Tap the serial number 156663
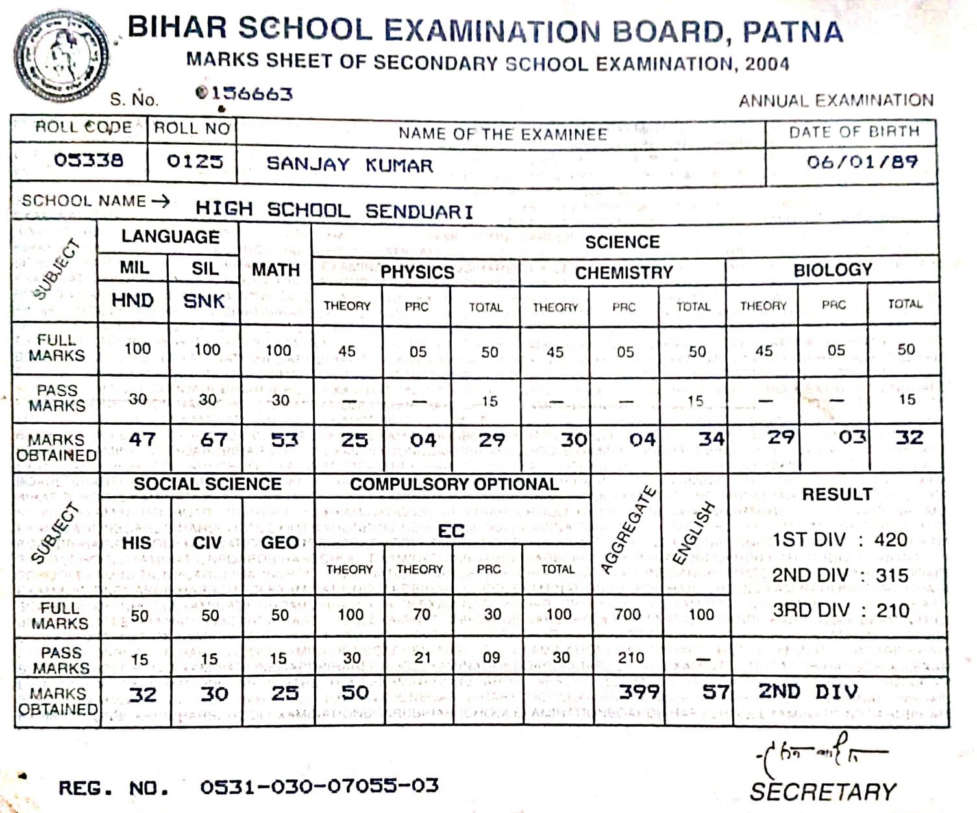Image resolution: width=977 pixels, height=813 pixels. pos(245,94)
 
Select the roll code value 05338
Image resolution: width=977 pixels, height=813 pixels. pos(88,160)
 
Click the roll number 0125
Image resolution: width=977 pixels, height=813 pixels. pos(195,160)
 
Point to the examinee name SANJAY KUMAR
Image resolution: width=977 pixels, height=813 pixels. pos(349,164)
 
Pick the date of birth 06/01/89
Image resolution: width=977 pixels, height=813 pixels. pos(862,162)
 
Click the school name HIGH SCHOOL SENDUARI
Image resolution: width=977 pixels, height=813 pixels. pos(334,210)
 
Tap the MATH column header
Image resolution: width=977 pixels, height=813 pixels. pos(276,269)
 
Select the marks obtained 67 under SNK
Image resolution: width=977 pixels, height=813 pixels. pos(214,440)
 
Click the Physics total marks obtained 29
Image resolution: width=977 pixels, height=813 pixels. pos(491,440)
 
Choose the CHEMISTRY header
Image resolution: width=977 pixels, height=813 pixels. pos(624,273)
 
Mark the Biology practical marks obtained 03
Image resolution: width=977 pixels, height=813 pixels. pos(852,437)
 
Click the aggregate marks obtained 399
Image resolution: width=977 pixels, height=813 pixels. pos(639,692)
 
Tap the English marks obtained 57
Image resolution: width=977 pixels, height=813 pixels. pos(715,692)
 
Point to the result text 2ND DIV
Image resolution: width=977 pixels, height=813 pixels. pos(808,692)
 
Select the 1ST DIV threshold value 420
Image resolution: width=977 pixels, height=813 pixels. pos(890,540)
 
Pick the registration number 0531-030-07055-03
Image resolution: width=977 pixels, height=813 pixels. pos(319,786)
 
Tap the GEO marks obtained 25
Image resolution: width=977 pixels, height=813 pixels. pos(284,694)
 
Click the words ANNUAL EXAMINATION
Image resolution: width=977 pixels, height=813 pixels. pos(836,101)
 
